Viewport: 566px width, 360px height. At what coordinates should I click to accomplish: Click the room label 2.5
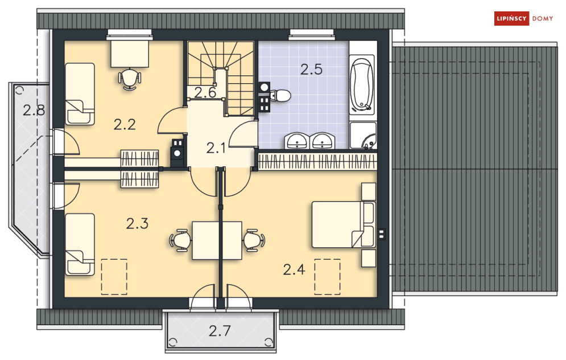[311, 69]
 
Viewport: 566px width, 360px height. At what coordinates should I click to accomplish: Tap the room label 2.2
[125, 125]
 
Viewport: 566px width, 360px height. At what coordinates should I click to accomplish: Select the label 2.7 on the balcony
[220, 331]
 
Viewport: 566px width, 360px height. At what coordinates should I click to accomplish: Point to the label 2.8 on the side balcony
[34, 110]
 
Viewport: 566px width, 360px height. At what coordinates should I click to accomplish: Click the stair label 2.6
[205, 93]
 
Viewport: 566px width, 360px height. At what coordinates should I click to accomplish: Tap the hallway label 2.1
[216, 148]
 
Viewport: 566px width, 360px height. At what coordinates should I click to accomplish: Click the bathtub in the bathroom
[362, 84]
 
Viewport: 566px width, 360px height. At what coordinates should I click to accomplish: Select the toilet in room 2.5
[280, 96]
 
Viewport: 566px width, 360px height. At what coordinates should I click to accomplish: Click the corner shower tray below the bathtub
[363, 136]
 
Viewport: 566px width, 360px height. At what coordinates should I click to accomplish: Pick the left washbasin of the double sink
[297, 141]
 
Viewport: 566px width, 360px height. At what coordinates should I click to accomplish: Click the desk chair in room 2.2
[130, 79]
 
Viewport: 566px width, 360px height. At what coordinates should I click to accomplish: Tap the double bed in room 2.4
[344, 224]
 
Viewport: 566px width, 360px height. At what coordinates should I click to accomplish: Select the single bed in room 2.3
[80, 244]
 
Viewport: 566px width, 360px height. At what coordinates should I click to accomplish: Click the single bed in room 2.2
[80, 94]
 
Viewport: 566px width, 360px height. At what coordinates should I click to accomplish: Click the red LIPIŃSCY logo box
[511, 18]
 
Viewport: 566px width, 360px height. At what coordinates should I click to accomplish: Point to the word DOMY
[543, 19]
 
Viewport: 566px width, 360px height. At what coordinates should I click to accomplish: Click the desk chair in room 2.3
[180, 240]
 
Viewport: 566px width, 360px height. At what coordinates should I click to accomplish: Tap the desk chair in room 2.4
[254, 240]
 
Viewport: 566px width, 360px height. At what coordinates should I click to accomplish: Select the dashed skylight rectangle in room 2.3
[114, 276]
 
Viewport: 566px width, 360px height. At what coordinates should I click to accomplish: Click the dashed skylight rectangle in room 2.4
[328, 276]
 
